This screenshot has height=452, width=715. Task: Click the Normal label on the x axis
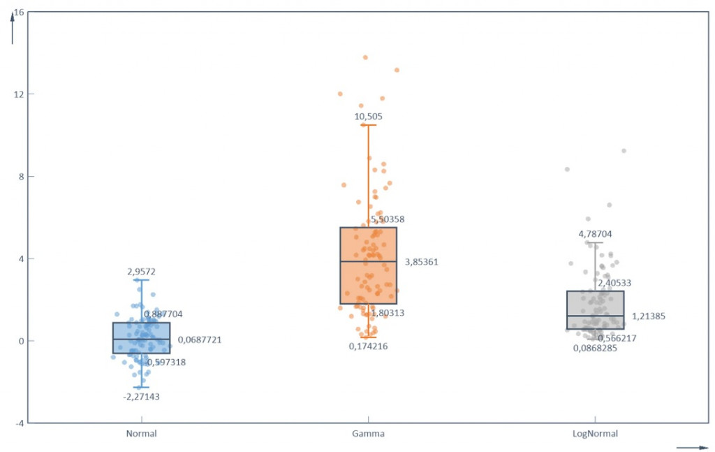141,434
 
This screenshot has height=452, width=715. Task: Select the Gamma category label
368,434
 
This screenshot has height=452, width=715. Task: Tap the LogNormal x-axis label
595,434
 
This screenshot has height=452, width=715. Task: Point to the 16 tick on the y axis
19,13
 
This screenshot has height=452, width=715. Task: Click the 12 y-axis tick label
19,94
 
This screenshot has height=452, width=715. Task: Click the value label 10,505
368,117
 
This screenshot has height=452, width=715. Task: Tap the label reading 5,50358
388,219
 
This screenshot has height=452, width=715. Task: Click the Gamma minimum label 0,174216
368,346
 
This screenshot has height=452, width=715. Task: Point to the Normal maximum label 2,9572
141,272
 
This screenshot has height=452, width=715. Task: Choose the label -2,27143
141,397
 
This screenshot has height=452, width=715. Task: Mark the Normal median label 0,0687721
200,340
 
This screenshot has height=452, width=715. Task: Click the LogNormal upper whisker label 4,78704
595,234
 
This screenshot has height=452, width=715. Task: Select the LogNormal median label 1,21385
648,316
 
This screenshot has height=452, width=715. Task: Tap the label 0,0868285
595,348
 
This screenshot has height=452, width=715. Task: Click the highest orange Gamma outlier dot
365,57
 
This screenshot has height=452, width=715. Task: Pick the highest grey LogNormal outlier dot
624,151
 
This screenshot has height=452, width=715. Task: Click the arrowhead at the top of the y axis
13,20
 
